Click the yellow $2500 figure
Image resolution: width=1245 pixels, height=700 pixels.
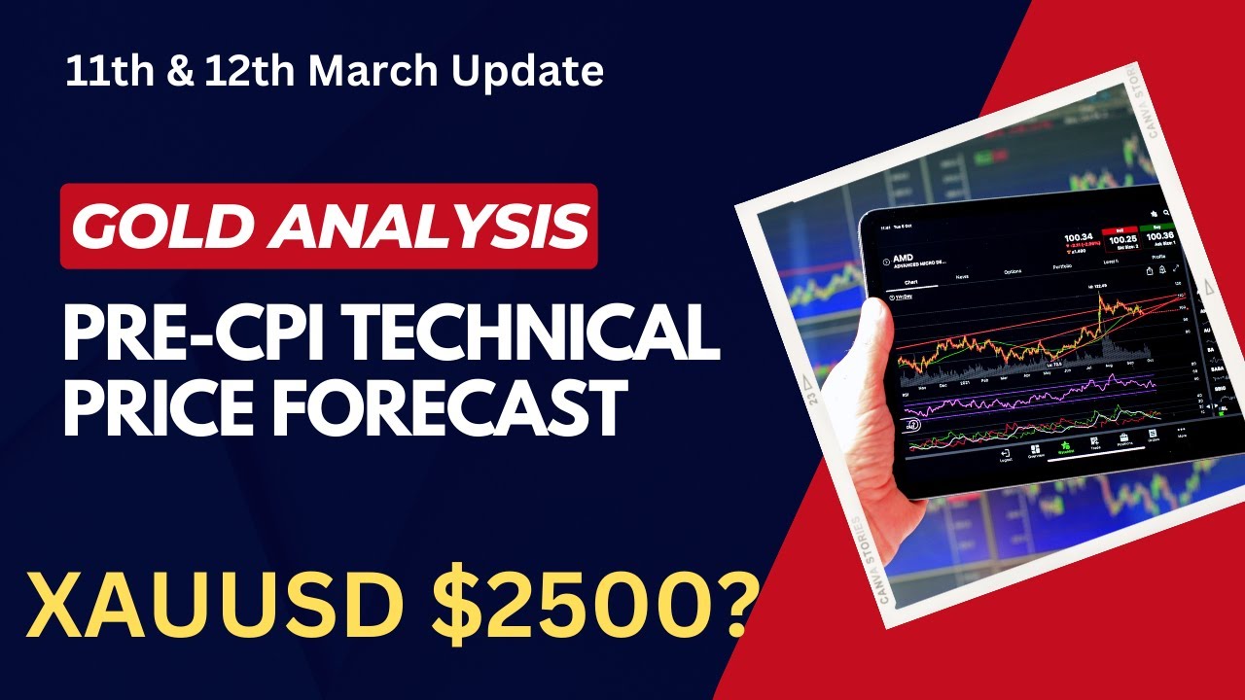point(575,604)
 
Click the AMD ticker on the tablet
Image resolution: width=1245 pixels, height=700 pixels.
point(891,260)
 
